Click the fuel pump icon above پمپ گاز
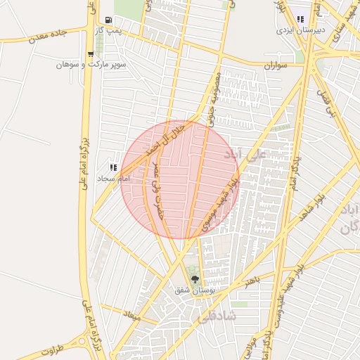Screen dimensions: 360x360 point(107,20)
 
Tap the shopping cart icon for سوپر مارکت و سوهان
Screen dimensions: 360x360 point(90,54)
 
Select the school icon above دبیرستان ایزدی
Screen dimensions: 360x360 point(300,20)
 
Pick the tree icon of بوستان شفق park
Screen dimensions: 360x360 point(195,279)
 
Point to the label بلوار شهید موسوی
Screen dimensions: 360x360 point(220,205)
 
